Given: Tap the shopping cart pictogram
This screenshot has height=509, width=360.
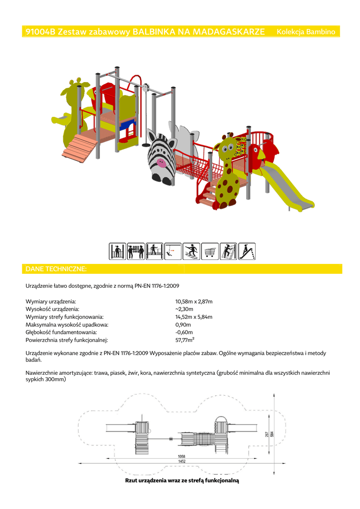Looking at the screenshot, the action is tap(210, 251).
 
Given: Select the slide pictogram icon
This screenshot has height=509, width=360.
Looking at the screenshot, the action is tap(247, 251).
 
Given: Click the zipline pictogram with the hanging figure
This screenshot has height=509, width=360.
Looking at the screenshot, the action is tap(173, 251).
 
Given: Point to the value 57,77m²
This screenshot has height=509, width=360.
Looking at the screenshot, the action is tap(184, 340).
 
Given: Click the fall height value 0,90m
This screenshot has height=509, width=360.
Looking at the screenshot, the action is tap(183, 325).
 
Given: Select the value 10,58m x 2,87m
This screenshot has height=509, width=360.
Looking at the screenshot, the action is tap(194, 302).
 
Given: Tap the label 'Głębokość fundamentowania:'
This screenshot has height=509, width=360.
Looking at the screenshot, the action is tap(61, 333).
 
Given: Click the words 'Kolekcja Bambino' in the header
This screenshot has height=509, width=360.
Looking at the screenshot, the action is tap(306, 32).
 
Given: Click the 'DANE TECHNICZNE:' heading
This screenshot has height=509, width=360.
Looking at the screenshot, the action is tap(56, 269).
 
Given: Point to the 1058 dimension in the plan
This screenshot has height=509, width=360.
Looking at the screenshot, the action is tap(181, 456).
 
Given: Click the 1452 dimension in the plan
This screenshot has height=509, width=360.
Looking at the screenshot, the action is tap(182, 461).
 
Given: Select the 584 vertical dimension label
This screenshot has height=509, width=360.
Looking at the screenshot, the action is tap(271, 434).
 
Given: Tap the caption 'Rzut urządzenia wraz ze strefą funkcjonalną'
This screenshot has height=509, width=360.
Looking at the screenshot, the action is tap(182, 481).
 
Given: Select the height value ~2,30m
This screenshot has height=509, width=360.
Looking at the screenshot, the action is tap(184, 309).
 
